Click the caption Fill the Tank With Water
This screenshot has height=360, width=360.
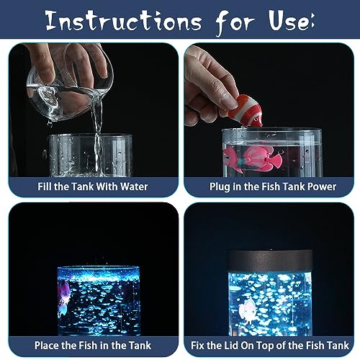[93, 186]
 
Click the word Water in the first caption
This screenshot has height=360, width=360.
[132, 186]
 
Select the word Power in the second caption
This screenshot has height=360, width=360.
[321, 186]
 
